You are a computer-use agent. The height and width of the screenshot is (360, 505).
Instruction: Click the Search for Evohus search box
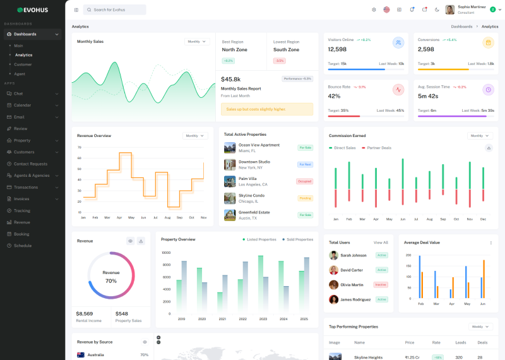point(115,9)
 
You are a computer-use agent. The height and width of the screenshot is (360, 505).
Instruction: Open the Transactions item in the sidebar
point(26,187)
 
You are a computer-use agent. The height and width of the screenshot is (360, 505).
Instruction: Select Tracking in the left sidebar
point(22,210)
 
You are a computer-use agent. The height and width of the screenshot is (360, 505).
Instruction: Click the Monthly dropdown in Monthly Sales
point(197,42)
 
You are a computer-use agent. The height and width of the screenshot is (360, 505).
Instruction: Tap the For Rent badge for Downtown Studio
point(305,164)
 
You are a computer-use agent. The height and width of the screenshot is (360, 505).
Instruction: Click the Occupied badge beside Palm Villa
point(304,181)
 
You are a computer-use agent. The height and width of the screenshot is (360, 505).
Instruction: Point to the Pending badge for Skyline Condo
point(305,198)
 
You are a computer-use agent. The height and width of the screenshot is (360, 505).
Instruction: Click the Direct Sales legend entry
point(344,148)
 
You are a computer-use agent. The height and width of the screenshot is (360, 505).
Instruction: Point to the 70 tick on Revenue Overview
point(79,147)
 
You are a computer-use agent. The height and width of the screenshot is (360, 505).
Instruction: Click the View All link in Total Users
point(381,243)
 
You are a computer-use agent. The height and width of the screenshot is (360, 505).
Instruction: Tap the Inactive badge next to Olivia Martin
point(381,285)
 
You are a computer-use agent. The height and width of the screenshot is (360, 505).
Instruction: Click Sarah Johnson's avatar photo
point(333,255)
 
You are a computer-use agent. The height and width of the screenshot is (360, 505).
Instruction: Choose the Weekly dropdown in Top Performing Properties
point(480,327)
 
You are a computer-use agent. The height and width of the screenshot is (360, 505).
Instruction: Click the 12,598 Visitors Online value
point(337,49)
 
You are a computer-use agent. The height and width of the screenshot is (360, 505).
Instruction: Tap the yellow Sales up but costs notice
point(266,109)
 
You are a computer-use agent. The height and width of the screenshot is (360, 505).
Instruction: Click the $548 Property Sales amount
point(121,313)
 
